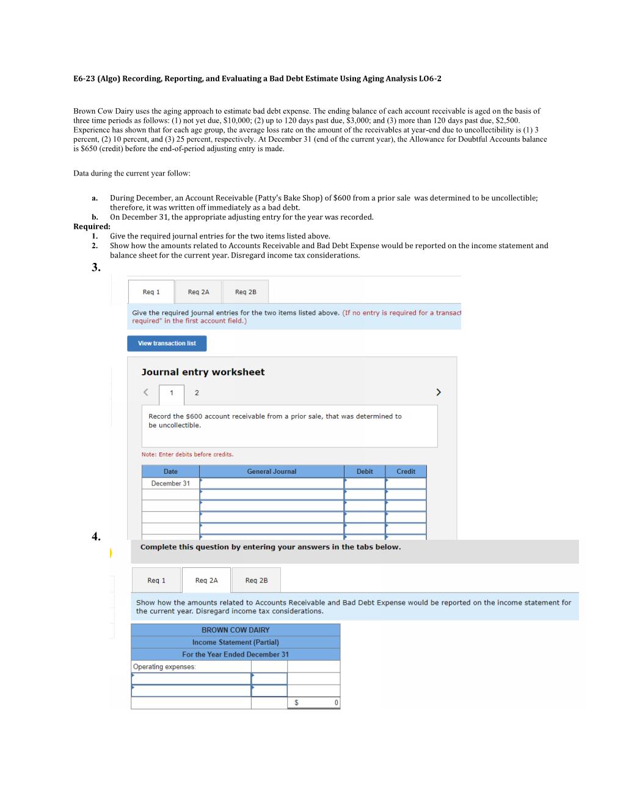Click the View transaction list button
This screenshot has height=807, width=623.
click(x=167, y=344)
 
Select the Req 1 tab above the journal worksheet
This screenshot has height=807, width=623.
click(x=151, y=292)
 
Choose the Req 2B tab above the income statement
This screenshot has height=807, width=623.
click(x=256, y=580)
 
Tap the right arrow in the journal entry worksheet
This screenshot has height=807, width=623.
click(x=438, y=392)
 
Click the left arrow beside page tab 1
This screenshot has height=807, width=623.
click(x=146, y=392)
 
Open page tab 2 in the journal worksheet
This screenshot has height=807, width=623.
click(x=197, y=393)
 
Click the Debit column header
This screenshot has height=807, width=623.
click(x=365, y=471)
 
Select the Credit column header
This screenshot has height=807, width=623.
click(x=406, y=471)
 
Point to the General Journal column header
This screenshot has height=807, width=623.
click(x=271, y=471)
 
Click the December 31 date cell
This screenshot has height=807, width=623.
click(x=170, y=484)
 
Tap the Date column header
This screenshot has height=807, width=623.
click(x=170, y=471)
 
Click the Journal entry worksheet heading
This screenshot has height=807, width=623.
click(x=203, y=372)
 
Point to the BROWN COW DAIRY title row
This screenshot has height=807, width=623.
click(x=235, y=630)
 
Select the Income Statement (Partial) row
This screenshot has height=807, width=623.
click(x=235, y=643)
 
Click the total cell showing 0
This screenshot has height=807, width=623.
click(x=313, y=703)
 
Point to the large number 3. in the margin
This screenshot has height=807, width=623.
click(x=96, y=267)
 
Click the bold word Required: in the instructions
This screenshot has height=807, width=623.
click(x=92, y=227)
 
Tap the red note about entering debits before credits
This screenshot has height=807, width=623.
click(x=188, y=455)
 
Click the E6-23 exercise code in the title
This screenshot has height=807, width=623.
click(x=84, y=79)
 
